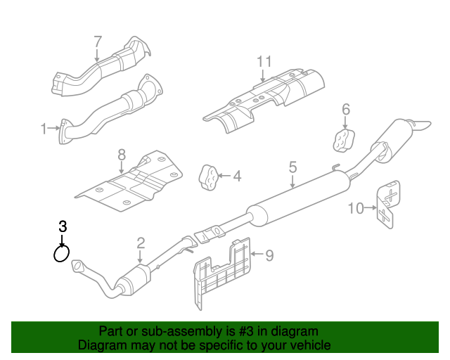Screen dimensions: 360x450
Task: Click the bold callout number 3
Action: point(63,226)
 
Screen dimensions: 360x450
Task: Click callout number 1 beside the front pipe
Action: point(44,129)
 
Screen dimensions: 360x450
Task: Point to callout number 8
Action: point(121,154)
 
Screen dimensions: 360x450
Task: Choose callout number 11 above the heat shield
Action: point(264,62)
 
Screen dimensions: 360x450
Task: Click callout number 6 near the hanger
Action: point(346,109)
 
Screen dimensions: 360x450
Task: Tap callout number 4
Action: point(237,176)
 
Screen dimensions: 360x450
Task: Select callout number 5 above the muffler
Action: point(292,167)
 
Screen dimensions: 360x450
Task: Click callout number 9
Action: point(269,255)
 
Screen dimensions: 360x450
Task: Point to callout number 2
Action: point(141,243)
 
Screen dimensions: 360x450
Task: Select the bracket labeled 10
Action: point(388,205)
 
